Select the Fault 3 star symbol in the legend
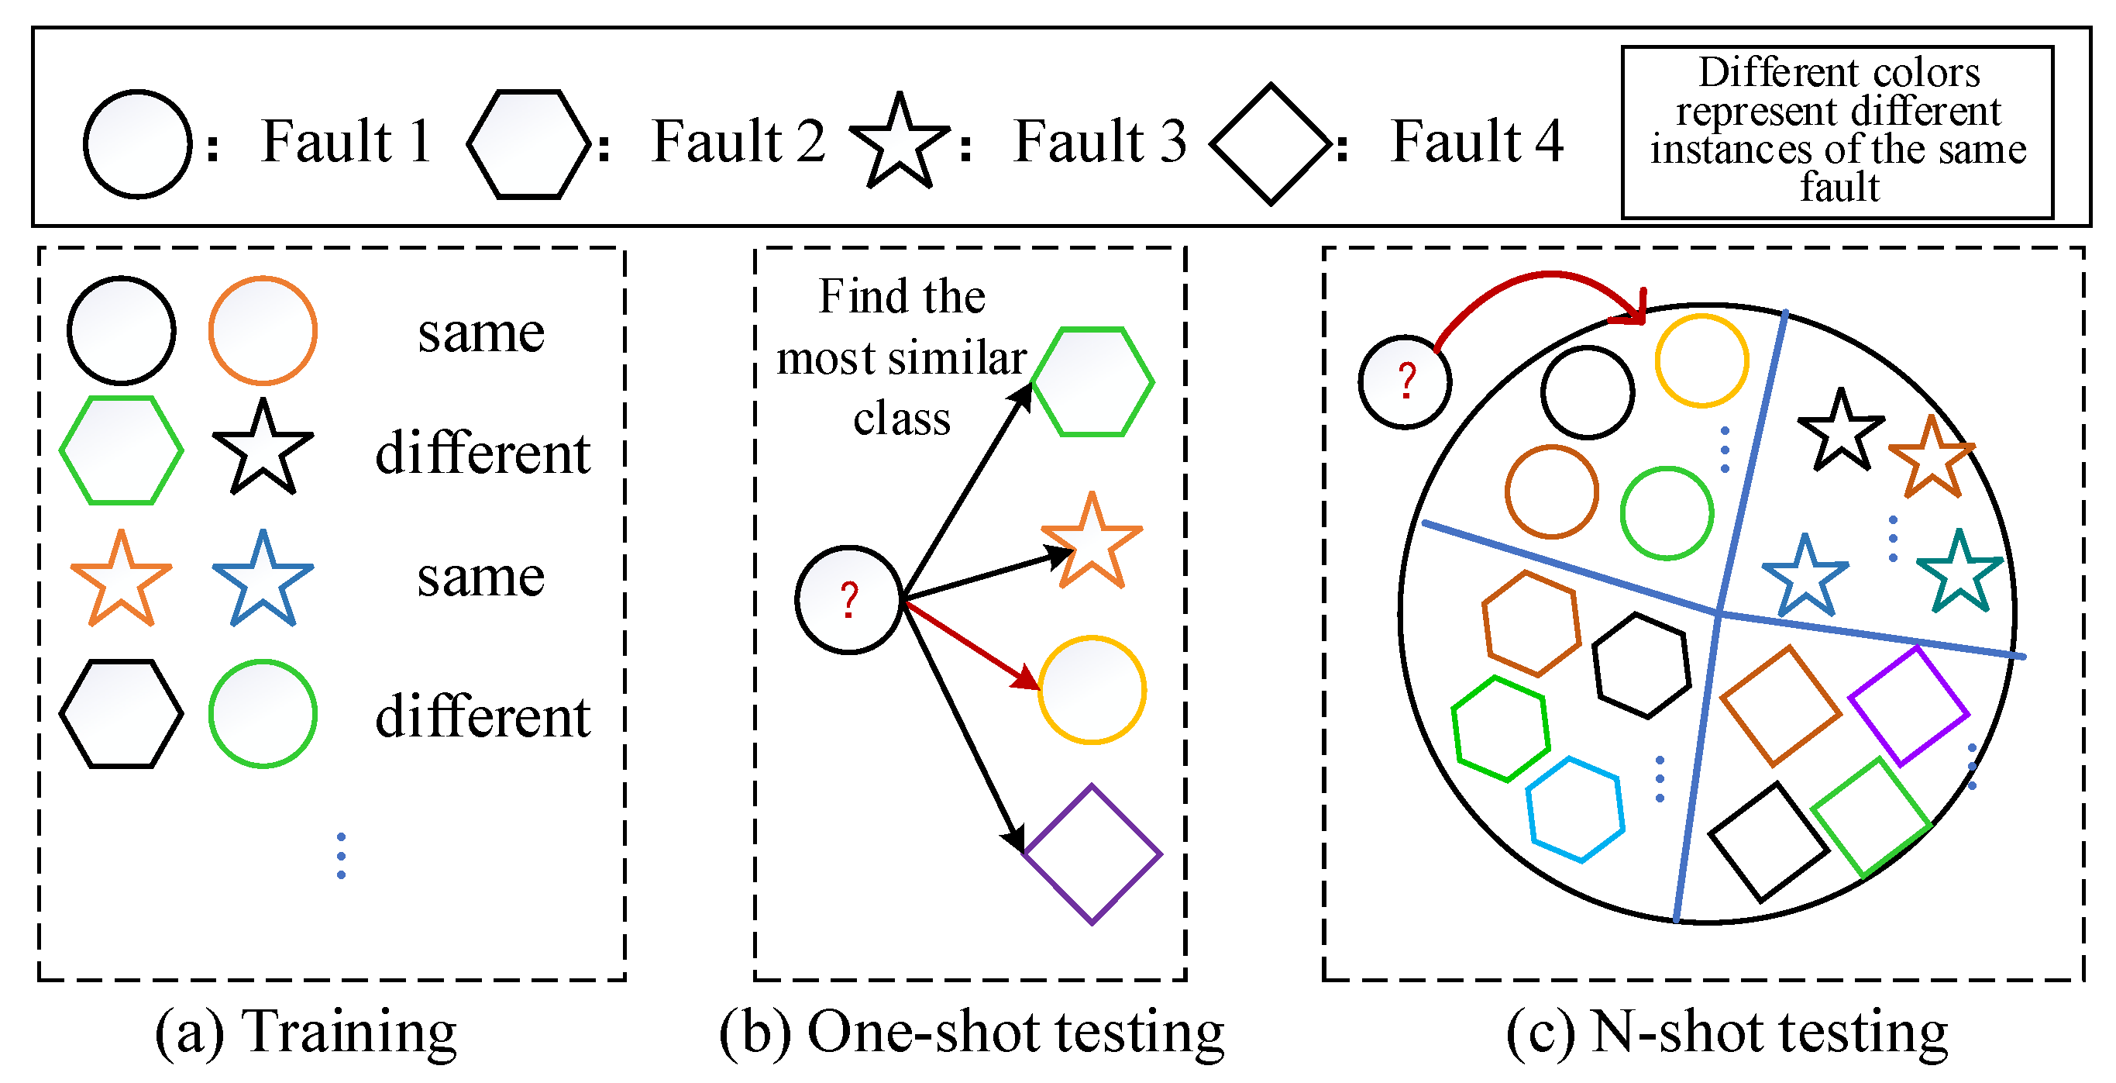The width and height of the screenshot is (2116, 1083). pyautogui.click(x=900, y=140)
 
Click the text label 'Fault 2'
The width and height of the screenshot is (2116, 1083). pyautogui.click(x=738, y=140)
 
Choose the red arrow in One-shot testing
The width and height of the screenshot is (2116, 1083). pyautogui.click(x=971, y=645)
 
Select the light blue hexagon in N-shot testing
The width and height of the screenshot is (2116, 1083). pyautogui.click(x=1574, y=809)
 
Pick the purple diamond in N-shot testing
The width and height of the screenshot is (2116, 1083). pyautogui.click(x=1908, y=705)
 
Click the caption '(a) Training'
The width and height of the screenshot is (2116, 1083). pyautogui.click(x=305, y=1032)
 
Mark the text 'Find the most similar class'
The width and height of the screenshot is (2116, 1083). pyautogui.click(x=902, y=357)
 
